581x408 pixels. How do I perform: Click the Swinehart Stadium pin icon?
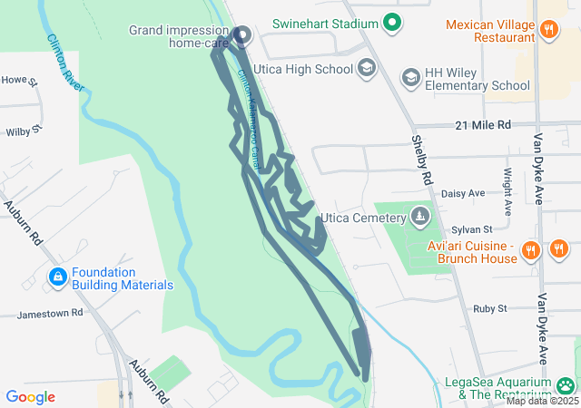392,22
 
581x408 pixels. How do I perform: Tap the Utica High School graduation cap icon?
366,68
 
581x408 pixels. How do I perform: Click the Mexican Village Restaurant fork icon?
548,30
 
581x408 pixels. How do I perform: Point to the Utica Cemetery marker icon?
419,217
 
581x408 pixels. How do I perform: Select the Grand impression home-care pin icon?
242,34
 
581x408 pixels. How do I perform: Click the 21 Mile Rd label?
484,124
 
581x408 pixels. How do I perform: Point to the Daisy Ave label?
463,193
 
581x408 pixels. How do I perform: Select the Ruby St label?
490,308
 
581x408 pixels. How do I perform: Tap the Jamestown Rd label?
50,313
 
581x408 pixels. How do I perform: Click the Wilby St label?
24,132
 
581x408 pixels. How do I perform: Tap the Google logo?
30,396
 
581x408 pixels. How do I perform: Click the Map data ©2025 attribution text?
542,401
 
